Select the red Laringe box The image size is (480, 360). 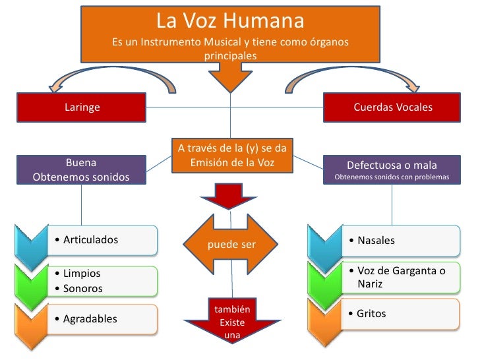[82, 107]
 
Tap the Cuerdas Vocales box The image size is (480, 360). [392, 107]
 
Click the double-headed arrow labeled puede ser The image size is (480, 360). [231, 245]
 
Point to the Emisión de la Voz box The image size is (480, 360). [231, 155]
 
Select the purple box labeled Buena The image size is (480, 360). [82, 170]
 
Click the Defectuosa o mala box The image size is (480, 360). [392, 170]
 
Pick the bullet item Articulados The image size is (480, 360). [90, 239]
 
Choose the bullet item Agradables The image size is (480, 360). [90, 319]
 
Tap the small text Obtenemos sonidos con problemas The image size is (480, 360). [392, 178]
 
